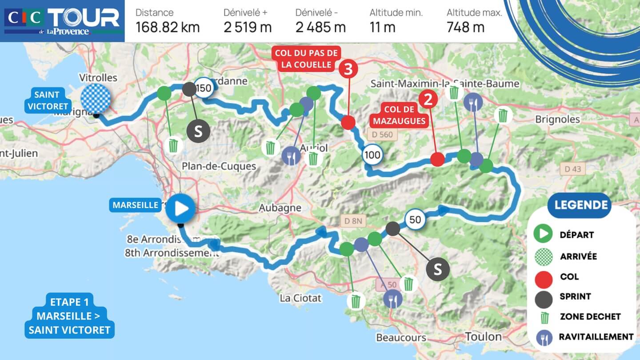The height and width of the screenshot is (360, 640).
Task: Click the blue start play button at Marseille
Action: pyautogui.click(x=181, y=208)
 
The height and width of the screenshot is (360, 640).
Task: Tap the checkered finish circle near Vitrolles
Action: pyautogui.click(x=96, y=98)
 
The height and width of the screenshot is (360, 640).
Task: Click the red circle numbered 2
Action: pyautogui.click(x=428, y=100)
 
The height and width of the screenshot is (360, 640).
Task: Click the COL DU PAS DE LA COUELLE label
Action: pyautogui.click(x=306, y=59)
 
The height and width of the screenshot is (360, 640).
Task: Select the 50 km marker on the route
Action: pyautogui.click(x=415, y=220)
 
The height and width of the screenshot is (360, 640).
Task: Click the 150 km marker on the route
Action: pyautogui.click(x=203, y=88)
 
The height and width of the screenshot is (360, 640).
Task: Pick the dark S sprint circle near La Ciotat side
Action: pyautogui.click(x=438, y=269)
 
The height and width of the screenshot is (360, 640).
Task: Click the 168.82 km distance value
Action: pyautogui.click(x=168, y=28)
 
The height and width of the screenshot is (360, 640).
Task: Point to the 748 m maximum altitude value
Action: pyautogui.click(x=465, y=28)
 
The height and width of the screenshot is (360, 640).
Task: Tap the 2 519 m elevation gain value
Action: pyautogui.click(x=248, y=28)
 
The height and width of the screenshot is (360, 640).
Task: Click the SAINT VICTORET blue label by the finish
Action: pyautogui.click(x=47, y=100)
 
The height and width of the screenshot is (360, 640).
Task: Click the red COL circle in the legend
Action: pyautogui.click(x=543, y=277)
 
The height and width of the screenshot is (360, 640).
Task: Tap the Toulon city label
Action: pyautogui.click(x=484, y=336)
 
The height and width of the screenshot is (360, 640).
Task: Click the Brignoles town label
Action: pyautogui.click(x=557, y=119)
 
